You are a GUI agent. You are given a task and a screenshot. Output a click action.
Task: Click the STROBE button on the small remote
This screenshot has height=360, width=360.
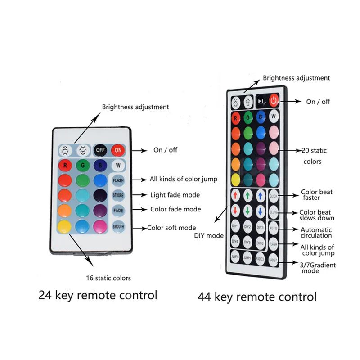coord(118,196)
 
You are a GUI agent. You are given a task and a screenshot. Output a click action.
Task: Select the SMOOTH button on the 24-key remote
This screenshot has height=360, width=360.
coord(118,226)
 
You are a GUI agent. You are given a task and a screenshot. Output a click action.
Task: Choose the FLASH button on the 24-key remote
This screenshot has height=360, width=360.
coord(118,180)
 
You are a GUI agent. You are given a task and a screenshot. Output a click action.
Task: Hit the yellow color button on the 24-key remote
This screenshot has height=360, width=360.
coord(64,226)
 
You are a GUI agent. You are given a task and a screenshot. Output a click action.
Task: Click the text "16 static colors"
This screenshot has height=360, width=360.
coord(109,278)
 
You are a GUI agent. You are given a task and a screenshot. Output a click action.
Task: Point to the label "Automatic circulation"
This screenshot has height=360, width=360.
coord(316,232)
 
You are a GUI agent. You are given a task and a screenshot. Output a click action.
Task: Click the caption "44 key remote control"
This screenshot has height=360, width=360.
coord(257,297)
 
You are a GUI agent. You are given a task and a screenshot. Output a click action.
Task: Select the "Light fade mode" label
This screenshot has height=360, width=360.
coord(175,195)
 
